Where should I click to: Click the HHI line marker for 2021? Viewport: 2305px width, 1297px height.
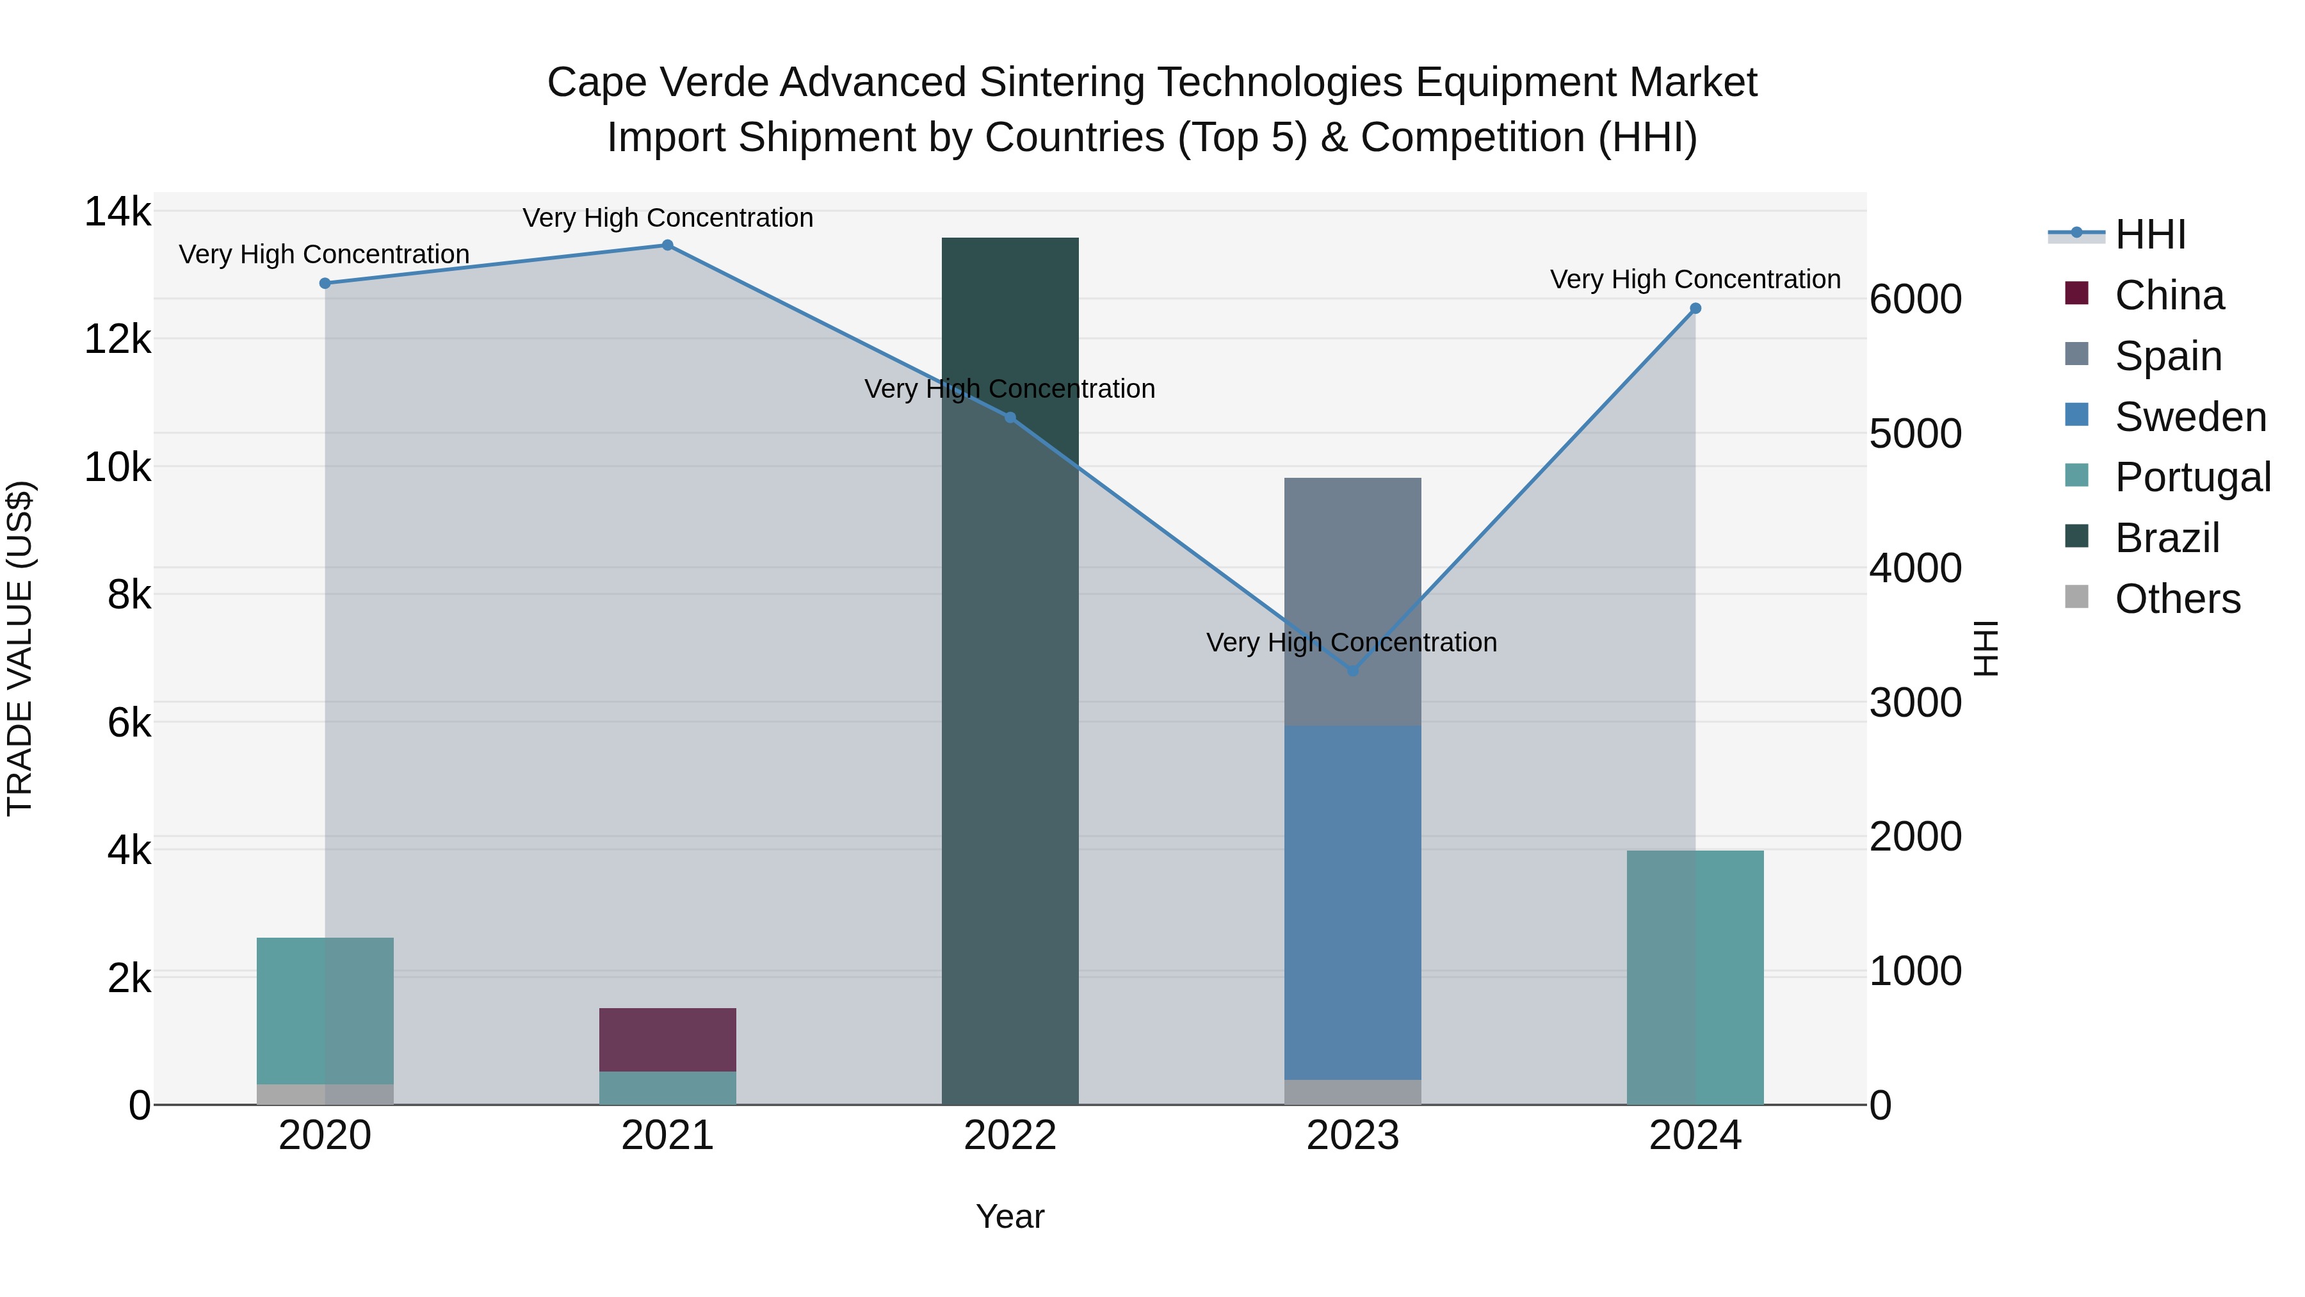click(x=668, y=245)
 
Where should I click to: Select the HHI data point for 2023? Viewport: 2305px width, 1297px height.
click(x=1353, y=671)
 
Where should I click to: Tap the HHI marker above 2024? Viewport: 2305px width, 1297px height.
click(x=1695, y=309)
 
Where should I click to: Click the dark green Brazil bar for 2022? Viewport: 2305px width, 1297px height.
click(x=1010, y=716)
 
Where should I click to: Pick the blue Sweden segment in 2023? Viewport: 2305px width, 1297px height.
click(x=1353, y=904)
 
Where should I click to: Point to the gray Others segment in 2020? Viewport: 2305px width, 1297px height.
click(x=325, y=1094)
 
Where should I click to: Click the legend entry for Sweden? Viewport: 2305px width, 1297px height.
click(x=2188, y=417)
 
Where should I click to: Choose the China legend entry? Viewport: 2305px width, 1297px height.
click(x=2168, y=295)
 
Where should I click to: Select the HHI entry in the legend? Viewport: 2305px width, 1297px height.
click(x=2149, y=234)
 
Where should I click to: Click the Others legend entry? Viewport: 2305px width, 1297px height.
click(x=2176, y=599)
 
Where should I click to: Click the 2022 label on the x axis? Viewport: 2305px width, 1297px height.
click(x=1010, y=1136)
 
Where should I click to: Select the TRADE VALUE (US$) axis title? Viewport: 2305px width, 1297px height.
click(x=20, y=648)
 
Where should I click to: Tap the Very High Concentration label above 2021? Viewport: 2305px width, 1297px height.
click(x=668, y=218)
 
